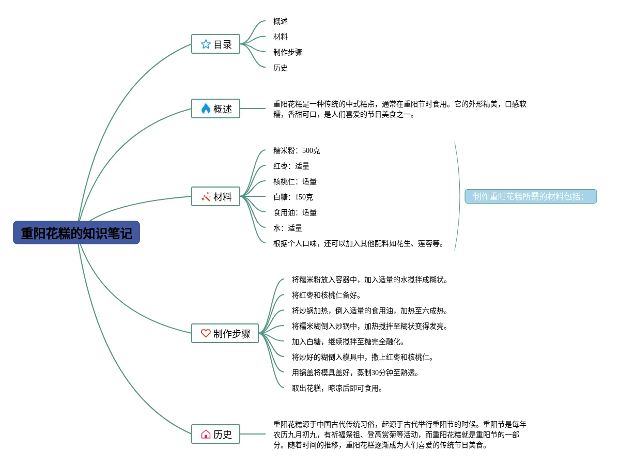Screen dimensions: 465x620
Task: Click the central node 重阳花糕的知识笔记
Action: pos(76,233)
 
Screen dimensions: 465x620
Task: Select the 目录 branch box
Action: pos(216,44)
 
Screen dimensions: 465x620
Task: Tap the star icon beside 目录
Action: pos(206,44)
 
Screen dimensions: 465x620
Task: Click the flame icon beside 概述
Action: pos(206,109)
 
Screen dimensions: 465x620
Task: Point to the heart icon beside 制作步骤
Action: pos(206,333)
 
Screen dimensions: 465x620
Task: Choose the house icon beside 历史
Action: pos(206,434)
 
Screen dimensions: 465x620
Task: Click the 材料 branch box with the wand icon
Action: pos(216,196)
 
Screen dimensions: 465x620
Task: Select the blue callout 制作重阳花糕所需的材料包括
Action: pos(531,196)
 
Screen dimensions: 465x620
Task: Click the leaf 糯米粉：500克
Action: pos(297,150)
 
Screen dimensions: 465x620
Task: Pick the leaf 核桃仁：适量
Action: pos(295,181)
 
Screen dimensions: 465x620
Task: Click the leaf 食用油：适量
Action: pos(295,212)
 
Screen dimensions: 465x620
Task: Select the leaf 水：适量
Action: pos(288,228)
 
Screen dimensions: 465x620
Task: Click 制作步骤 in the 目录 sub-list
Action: pos(288,52)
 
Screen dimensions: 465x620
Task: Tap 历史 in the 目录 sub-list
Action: pos(281,68)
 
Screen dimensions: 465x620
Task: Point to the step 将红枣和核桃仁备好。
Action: pos(327,295)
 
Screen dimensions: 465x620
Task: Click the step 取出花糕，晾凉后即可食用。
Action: pos(337,388)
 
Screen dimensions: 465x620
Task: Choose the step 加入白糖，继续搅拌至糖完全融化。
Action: pos(348,342)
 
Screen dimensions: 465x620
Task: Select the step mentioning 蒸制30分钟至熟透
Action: pos(355,373)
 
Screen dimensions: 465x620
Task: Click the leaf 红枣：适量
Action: pos(291,166)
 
